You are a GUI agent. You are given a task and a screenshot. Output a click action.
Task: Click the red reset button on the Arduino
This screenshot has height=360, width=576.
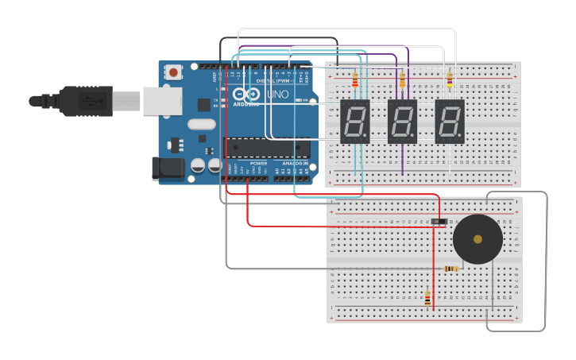[173, 72]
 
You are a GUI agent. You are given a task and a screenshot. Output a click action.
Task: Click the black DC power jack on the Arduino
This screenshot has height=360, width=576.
[168, 168]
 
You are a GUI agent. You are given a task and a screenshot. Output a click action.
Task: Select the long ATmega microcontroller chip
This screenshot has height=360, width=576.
[267, 148]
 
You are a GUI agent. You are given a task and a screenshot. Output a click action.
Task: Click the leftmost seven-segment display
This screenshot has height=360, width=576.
[355, 122]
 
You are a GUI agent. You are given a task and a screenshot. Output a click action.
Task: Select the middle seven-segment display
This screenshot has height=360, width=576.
[402, 122]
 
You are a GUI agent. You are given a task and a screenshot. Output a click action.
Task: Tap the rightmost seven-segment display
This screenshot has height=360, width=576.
[450, 122]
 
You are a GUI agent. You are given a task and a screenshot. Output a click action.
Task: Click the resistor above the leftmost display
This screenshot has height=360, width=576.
[355, 79]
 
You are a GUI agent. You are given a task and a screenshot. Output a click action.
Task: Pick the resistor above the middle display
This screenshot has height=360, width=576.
[402, 79]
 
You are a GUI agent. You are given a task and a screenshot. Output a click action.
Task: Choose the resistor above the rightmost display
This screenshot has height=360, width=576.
[450, 79]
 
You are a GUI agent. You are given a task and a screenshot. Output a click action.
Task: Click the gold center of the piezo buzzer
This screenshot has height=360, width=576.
[477, 238]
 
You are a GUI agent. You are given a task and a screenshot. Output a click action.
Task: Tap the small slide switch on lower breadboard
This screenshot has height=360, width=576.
[438, 221]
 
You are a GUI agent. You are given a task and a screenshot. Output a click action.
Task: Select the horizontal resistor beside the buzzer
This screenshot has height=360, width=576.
[451, 269]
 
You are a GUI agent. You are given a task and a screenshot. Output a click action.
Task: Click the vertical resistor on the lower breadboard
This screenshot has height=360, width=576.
[427, 299]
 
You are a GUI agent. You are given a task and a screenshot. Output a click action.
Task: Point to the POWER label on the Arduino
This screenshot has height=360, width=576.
[259, 163]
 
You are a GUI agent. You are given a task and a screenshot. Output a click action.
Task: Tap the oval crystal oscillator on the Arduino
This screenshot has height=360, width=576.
[202, 123]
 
